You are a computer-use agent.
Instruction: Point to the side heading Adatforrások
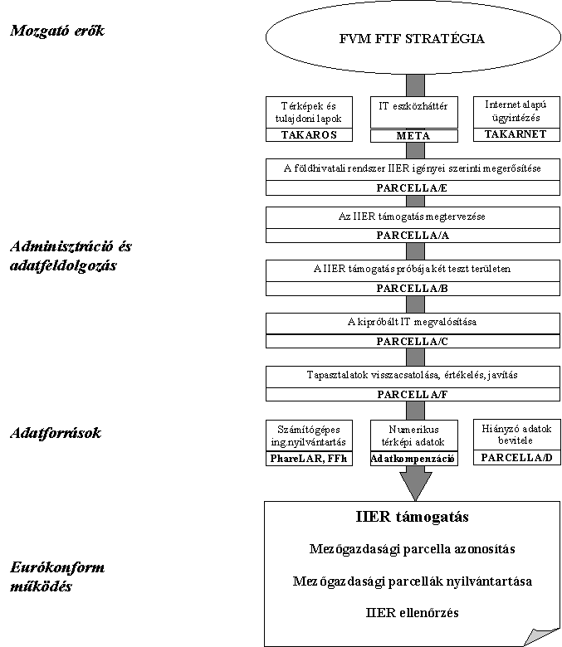click(56, 432)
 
